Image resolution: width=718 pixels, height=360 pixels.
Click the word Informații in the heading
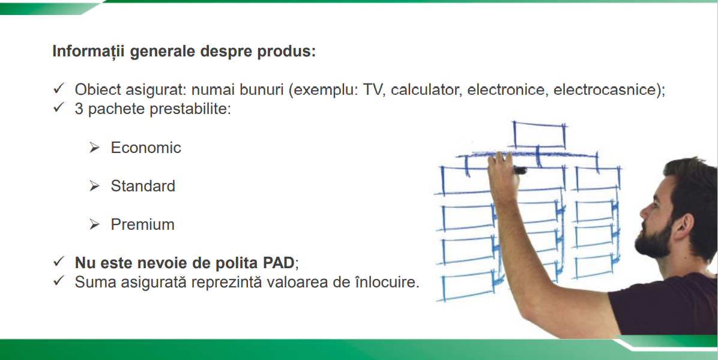pos(89,51)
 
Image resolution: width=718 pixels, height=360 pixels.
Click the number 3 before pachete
pos(79,110)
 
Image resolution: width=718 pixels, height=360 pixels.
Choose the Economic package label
pos(146,148)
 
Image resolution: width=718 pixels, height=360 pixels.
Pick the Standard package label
pos(143,186)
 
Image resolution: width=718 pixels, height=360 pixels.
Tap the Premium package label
pos(142,224)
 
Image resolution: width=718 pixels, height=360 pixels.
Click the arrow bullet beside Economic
pos(94,148)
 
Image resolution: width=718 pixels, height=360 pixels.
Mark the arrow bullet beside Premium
pos(94,224)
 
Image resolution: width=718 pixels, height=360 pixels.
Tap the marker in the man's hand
pos(519,170)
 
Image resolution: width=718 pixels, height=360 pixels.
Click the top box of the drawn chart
pos(539,135)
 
